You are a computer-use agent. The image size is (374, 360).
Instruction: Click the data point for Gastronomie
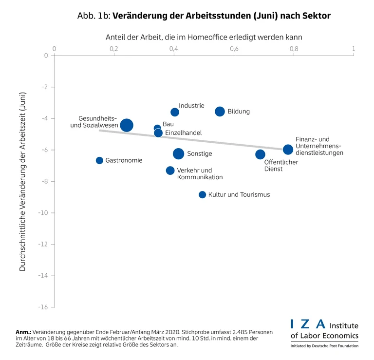coord(99,160)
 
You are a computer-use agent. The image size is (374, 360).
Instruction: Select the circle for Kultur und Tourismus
coord(202,194)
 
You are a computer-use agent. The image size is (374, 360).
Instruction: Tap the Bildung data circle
coord(220,112)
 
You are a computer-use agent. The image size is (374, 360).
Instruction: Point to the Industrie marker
coord(175,112)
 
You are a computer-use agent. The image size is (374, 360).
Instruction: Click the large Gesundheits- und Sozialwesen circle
coord(127,125)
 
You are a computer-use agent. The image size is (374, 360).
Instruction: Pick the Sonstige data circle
coord(179,153)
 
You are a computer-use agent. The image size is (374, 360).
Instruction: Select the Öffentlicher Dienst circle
coord(260,154)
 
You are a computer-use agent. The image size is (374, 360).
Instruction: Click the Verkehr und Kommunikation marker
coord(170,171)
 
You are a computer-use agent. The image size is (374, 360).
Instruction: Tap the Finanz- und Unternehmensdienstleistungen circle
coord(288,149)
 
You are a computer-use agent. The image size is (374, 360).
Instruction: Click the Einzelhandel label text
coord(183,133)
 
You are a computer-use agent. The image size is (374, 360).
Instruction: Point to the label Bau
coord(168,124)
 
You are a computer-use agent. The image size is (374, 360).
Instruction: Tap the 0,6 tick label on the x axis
coord(234,49)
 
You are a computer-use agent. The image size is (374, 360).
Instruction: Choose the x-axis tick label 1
coord(354,49)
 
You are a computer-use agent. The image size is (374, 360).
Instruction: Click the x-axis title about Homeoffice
coord(204,37)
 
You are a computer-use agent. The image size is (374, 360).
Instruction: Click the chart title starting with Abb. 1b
coord(204,16)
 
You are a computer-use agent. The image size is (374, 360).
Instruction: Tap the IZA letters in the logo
coord(307,324)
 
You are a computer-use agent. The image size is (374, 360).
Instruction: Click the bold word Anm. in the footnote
coord(23,332)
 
